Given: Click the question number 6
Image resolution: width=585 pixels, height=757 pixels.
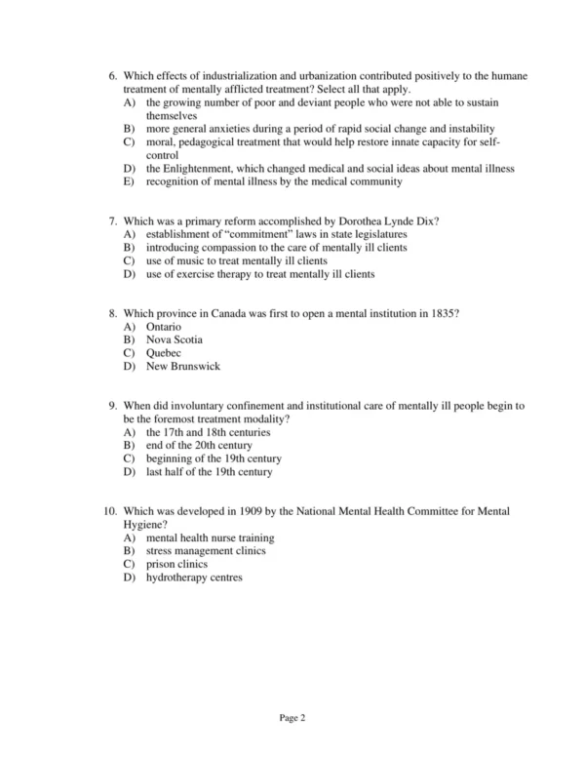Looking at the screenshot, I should coord(112,74).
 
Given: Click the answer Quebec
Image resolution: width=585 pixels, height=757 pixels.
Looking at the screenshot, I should coord(164,352).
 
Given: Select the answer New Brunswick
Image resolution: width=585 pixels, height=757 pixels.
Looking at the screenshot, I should coord(183,366).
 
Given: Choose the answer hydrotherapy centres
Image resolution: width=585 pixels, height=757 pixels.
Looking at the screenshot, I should coord(194,577).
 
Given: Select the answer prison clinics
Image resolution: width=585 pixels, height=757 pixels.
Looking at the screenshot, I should coord(176,563).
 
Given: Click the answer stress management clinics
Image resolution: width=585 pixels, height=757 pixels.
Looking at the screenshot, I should coord(206,550).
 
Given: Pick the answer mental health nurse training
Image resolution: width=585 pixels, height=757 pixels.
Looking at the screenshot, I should coord(210,538).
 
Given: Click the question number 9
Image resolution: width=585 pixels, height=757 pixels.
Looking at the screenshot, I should coord(112,405).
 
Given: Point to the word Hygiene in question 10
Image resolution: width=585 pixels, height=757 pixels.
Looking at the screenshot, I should coord(144,524).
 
